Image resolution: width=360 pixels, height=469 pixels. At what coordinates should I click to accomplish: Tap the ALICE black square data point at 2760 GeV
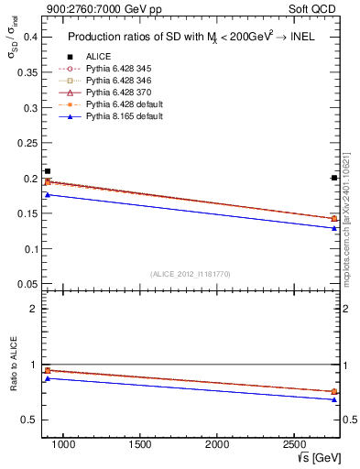(x=333, y=178)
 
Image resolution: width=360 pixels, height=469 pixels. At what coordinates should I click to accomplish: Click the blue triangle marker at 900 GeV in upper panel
(x=48, y=194)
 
